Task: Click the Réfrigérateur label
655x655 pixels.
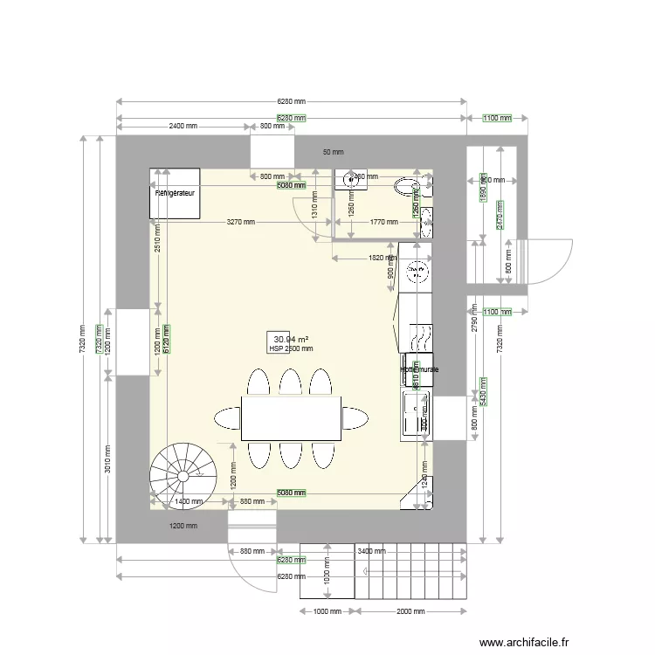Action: pyautogui.click(x=175, y=190)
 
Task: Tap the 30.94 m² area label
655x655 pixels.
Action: pyautogui.click(x=292, y=339)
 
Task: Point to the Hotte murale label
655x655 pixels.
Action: pyautogui.click(x=419, y=370)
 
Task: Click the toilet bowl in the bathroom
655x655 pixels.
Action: pyautogui.click(x=407, y=185)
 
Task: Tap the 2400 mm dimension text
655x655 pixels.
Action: pyautogui.click(x=183, y=127)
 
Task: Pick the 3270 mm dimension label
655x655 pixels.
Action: pyautogui.click(x=241, y=222)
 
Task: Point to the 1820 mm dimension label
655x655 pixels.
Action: pyautogui.click(x=382, y=258)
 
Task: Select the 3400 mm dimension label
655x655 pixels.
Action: pyautogui.click(x=370, y=551)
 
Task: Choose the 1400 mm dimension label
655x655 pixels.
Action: pyautogui.click(x=189, y=502)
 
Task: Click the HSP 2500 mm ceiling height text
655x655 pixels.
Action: pyautogui.click(x=291, y=348)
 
